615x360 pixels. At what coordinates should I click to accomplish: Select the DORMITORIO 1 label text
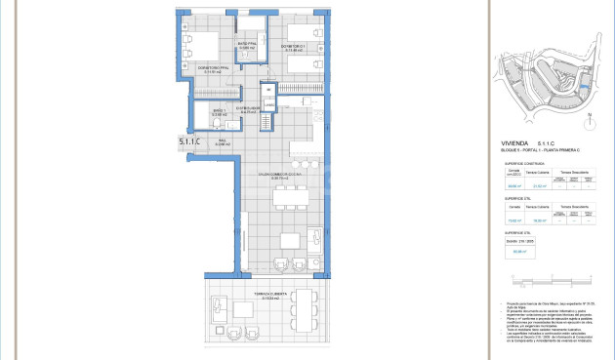point(295,46)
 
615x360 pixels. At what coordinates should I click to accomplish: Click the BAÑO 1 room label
point(220,112)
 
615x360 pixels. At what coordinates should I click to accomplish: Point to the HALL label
point(222,141)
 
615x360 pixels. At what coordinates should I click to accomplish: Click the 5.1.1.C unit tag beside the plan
point(189,142)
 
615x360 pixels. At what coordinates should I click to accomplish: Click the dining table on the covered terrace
point(307,310)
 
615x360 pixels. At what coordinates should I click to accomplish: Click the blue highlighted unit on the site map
point(584,88)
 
